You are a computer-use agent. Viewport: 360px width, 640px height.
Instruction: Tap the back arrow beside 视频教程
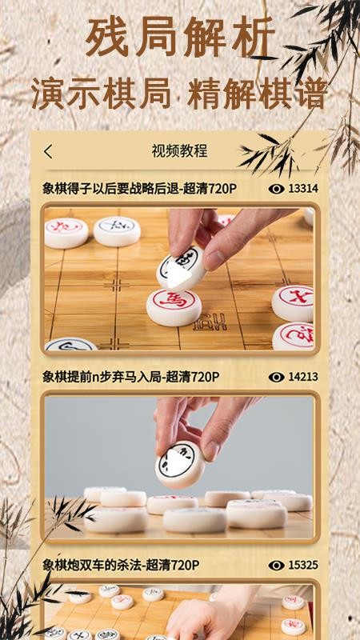click(x=49, y=151)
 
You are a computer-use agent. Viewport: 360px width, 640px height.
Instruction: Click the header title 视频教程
click(x=179, y=151)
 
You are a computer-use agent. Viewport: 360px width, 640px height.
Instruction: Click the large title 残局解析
click(x=179, y=38)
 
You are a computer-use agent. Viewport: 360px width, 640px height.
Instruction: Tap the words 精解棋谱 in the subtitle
click(x=258, y=93)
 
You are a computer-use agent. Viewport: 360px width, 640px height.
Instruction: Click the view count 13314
click(x=303, y=189)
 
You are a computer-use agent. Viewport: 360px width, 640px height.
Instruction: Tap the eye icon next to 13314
click(x=277, y=189)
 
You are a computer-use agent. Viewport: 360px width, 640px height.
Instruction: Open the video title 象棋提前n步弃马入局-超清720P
click(x=131, y=377)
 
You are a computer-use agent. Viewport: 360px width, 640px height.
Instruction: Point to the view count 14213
click(x=303, y=377)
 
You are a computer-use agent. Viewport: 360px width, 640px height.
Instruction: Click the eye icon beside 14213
click(x=277, y=377)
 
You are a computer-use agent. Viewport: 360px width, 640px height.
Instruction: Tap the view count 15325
click(x=303, y=565)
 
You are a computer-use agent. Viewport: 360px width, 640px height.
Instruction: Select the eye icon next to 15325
click(x=277, y=565)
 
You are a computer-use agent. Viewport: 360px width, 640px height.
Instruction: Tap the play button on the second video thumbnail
click(x=179, y=464)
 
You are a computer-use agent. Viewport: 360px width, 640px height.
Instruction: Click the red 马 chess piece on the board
click(x=174, y=306)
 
